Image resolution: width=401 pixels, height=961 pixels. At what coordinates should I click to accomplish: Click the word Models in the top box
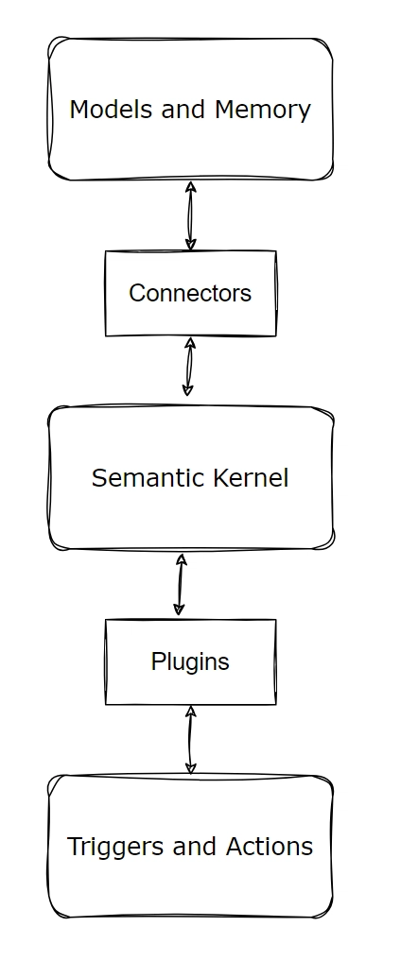[x=112, y=109]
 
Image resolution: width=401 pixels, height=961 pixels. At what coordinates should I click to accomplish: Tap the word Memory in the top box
[x=262, y=111]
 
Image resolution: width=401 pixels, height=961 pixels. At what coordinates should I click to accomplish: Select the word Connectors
[x=190, y=293]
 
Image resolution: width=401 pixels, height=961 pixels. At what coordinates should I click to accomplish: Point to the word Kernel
[x=251, y=478]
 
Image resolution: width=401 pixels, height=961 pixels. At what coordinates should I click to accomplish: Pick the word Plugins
[x=190, y=662]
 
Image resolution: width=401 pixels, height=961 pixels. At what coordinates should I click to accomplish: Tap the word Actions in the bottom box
[x=270, y=847]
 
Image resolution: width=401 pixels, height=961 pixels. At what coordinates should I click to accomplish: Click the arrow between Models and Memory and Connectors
[x=191, y=215]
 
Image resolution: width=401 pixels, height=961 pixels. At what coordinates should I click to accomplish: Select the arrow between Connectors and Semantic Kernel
[x=189, y=367]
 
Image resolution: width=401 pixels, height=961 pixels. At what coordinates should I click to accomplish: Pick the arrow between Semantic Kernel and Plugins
[x=180, y=585]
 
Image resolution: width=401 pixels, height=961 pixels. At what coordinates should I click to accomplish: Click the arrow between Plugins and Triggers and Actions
[x=190, y=740]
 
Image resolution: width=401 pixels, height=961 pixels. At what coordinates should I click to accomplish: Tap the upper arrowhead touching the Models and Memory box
[x=191, y=187]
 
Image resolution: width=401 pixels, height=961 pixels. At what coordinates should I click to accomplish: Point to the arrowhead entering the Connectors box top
[x=191, y=244]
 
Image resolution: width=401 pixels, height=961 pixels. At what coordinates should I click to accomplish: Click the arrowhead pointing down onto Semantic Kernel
[x=188, y=390]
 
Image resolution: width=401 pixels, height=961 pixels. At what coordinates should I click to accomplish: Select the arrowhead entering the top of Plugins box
[x=179, y=609]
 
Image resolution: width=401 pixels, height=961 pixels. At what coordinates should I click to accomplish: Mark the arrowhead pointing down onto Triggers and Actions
[x=191, y=768]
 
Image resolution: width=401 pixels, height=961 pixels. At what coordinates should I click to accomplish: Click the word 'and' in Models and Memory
[x=183, y=109]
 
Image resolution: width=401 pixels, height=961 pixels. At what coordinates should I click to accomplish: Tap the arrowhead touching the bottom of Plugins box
[x=191, y=712]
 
